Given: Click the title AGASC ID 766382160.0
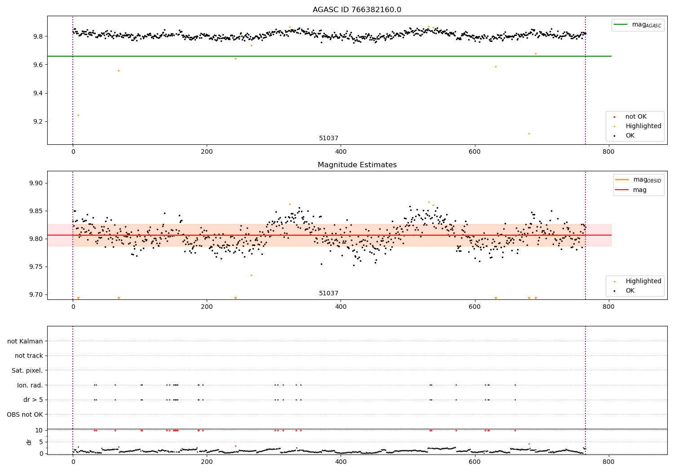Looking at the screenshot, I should pyautogui.click(x=357, y=10).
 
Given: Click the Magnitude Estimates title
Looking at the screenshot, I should pyautogui.click(x=357, y=165).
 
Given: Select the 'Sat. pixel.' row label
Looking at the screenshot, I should pyautogui.click(x=27, y=370).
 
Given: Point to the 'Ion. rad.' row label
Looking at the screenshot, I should pyautogui.click(x=30, y=385).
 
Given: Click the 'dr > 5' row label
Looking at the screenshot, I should pyautogui.click(x=33, y=400).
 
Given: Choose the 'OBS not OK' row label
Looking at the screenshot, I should pyautogui.click(x=25, y=414).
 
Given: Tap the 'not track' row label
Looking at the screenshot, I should pyautogui.click(x=29, y=356).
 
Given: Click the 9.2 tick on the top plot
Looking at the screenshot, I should pyautogui.click(x=36, y=122).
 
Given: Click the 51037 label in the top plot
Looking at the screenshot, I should pyautogui.click(x=328, y=138).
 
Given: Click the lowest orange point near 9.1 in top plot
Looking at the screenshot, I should pyautogui.click(x=529, y=134).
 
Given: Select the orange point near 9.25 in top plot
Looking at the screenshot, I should pyautogui.click(x=78, y=115).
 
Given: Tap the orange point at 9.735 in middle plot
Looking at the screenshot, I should pyautogui.click(x=251, y=275).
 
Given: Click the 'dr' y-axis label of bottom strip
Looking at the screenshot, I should pyautogui.click(x=29, y=442).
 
